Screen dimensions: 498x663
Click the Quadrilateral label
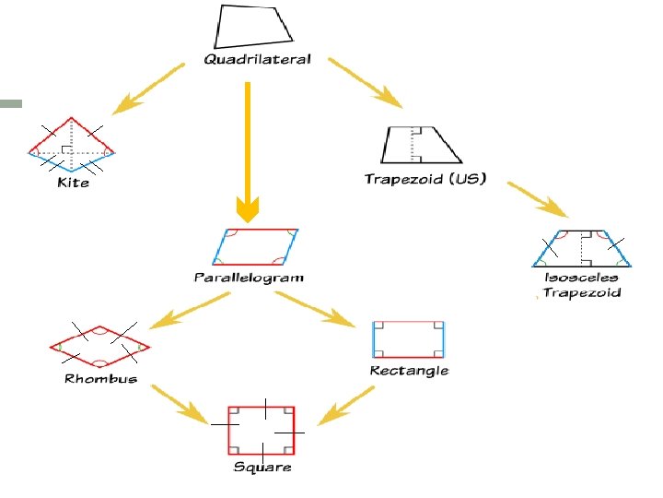(257, 59)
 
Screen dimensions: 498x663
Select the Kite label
(73, 183)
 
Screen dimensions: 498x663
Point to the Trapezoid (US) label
(425, 178)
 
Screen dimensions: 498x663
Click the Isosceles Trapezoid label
(581, 285)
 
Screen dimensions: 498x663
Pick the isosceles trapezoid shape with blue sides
(581, 246)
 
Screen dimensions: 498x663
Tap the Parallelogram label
(249, 277)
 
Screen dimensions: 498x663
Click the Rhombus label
(100, 378)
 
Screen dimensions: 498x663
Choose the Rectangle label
(409, 371)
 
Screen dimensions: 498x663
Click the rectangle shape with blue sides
(408, 339)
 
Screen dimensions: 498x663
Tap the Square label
(262, 468)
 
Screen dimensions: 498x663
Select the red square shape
(262, 429)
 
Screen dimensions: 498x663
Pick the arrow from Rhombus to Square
(179, 400)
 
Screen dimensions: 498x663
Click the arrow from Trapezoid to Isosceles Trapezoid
(540, 200)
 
